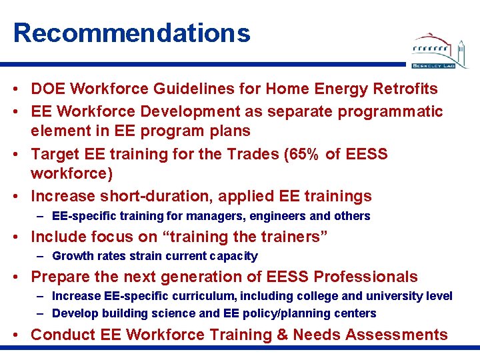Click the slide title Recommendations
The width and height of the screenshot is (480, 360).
(131, 33)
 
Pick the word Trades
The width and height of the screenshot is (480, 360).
(239, 154)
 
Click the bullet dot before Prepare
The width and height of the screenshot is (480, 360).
(21, 277)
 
